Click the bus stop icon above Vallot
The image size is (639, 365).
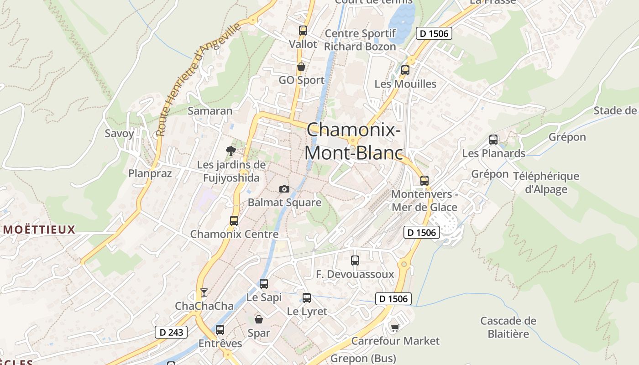(x=303, y=31)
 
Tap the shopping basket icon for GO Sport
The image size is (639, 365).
(x=301, y=67)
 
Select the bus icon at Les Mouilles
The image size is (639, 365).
(x=405, y=70)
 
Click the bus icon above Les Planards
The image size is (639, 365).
(x=493, y=140)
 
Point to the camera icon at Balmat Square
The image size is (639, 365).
(x=284, y=189)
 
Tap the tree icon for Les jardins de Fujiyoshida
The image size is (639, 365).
(x=230, y=151)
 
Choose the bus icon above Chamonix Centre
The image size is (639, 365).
(x=234, y=221)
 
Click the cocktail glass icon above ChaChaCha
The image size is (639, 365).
(x=204, y=292)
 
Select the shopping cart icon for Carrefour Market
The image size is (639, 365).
(x=395, y=328)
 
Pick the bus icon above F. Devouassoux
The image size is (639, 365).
(x=355, y=261)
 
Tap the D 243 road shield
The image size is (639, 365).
(x=172, y=332)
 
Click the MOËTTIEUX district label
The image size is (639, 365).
(x=39, y=229)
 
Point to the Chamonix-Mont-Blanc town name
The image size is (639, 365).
(x=354, y=141)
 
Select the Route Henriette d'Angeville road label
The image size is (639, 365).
(x=198, y=80)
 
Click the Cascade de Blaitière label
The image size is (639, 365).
(x=508, y=327)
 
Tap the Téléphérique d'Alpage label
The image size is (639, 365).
(x=546, y=182)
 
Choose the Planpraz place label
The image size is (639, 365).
(x=150, y=173)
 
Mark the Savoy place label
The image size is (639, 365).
(x=120, y=134)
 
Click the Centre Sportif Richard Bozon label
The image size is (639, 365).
(x=360, y=40)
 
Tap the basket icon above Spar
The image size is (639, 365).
(x=259, y=319)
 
